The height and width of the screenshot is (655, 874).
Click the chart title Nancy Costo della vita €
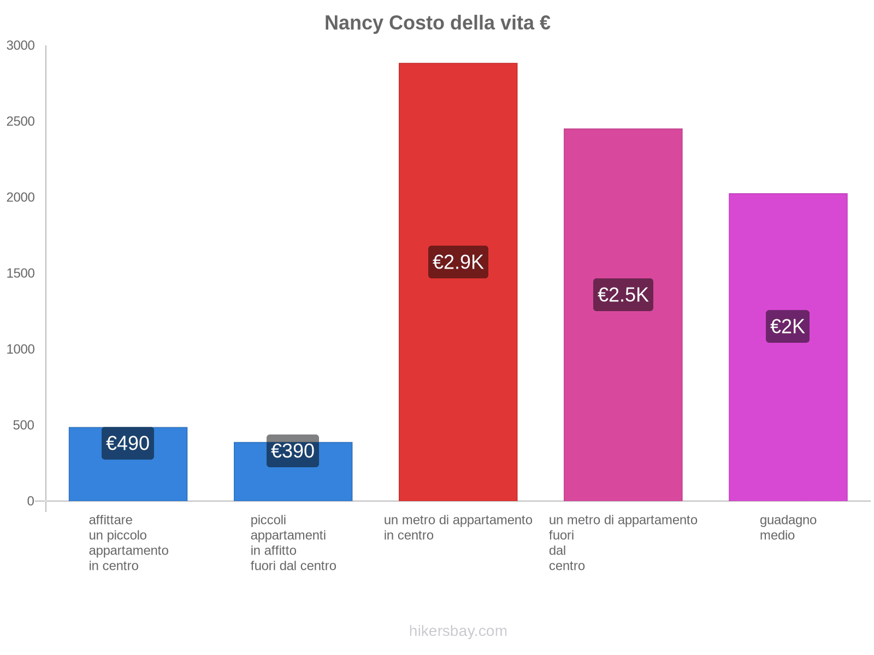[437, 23]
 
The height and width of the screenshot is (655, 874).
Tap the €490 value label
[128, 443]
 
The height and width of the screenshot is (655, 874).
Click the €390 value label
[293, 451]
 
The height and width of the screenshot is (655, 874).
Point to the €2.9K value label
[458, 262]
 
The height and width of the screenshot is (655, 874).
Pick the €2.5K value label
[623, 295]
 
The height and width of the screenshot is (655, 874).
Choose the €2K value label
[787, 326]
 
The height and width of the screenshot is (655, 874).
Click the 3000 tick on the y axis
[21, 46]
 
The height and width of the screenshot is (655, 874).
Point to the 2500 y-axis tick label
[21, 122]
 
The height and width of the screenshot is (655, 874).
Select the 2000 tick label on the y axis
[21, 198]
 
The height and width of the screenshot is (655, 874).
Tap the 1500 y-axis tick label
[21, 273]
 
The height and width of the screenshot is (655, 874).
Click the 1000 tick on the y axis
[21, 349]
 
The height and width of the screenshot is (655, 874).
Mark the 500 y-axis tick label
[24, 425]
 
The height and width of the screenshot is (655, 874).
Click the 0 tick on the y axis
[31, 501]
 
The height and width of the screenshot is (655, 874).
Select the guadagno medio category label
[788, 527]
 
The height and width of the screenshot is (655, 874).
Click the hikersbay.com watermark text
[458, 631]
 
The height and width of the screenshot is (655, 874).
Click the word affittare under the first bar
[110, 520]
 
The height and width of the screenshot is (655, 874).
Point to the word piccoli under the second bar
[268, 520]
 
